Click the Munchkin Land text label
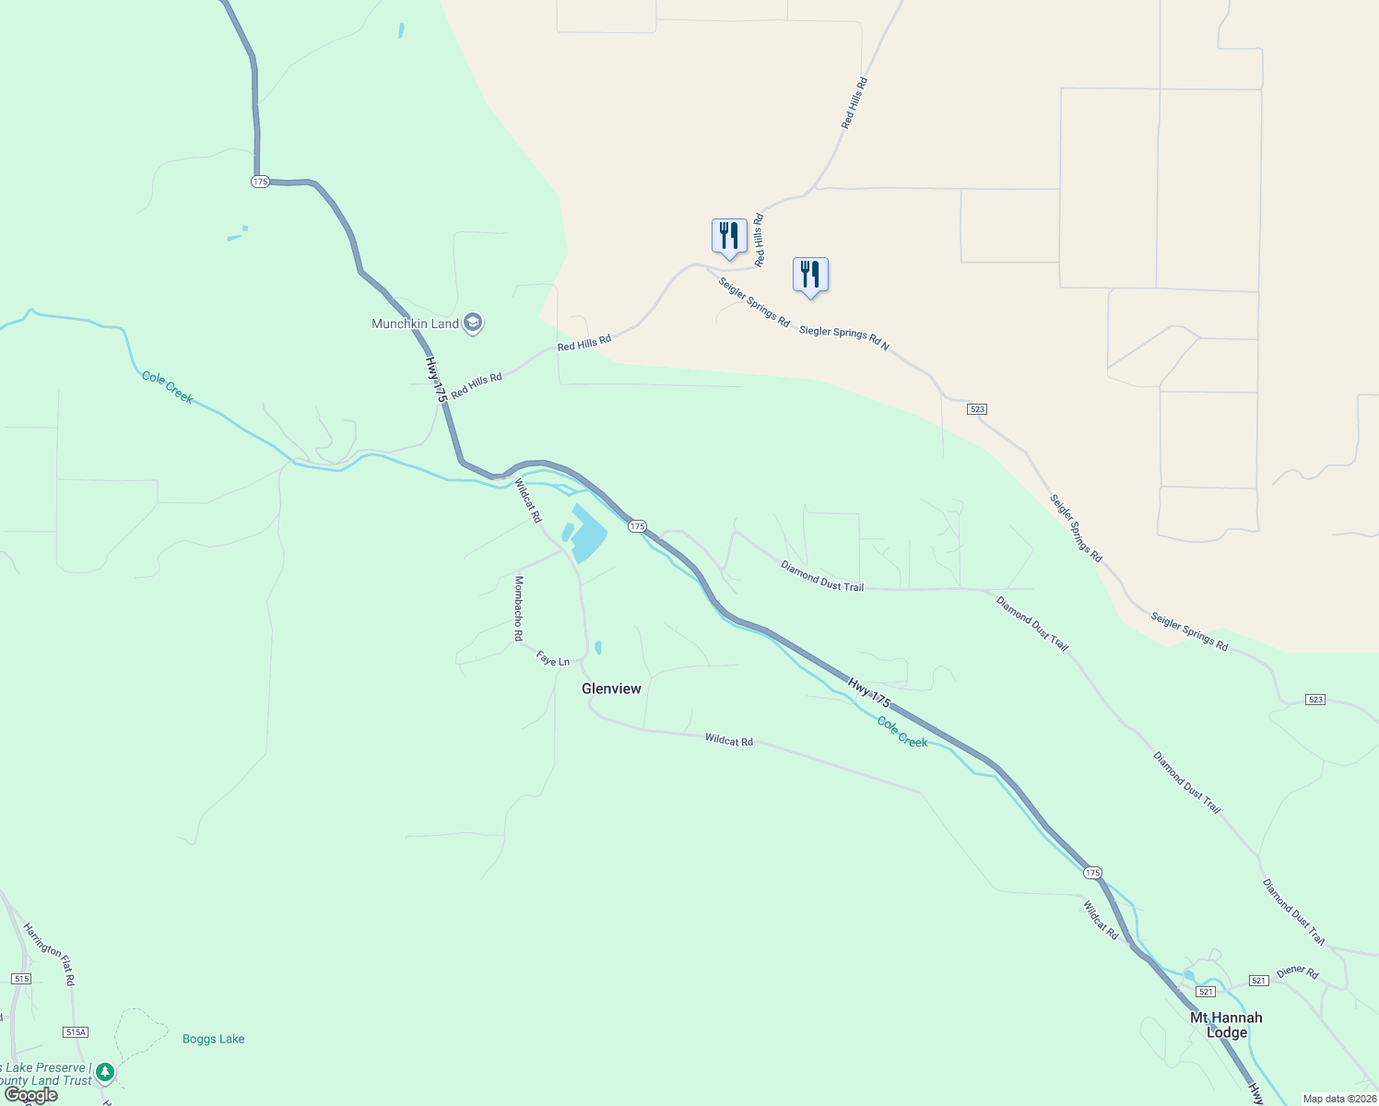pos(415,324)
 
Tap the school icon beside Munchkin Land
pos(473,323)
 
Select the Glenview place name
pos(611,688)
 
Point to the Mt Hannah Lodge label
pos(1226,1025)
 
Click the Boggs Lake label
pos(213,1039)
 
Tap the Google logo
pos(30,1095)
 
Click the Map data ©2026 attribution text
pos(1338,1099)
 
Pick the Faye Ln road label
pos(553,661)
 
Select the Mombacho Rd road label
pos(519,608)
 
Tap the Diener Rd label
pos(1297,972)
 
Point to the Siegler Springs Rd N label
pos(843,337)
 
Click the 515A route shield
pos(76,1032)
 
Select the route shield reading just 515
pos(21,979)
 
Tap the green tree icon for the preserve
pos(106,1073)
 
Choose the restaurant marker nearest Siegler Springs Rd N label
pos(810,276)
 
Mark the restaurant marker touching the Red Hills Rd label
pos(729,237)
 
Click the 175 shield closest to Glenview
pos(637,526)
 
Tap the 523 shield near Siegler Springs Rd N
pos(977,408)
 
